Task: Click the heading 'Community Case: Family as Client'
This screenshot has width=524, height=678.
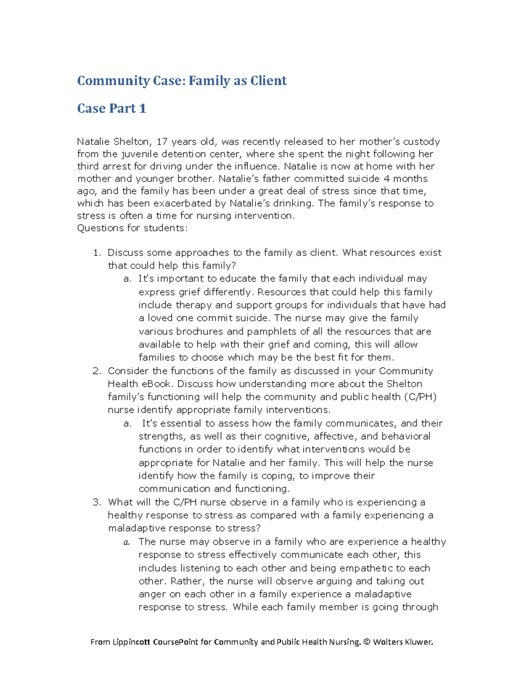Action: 182,81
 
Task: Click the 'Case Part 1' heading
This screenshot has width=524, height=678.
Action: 111,108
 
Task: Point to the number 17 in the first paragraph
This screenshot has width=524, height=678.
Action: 162,141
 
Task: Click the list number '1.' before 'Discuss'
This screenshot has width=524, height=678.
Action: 97,253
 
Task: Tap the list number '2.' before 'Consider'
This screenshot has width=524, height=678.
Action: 97,371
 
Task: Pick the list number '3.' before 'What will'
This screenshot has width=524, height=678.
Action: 97,502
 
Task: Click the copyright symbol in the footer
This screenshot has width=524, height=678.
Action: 366,642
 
